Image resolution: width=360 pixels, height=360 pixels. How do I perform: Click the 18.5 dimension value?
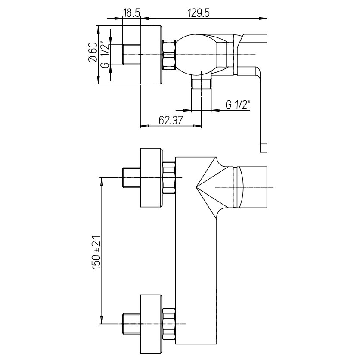(132, 13)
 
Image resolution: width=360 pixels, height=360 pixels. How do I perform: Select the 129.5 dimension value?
(199, 13)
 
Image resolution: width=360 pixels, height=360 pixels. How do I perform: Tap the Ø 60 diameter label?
(93, 53)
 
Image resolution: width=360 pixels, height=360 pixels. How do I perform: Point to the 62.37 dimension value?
(171, 120)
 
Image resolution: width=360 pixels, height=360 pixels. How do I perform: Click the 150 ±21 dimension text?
(96, 252)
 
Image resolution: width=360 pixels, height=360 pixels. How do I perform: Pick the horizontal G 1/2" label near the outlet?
(238, 105)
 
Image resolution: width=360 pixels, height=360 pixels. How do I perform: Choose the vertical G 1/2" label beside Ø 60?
(105, 54)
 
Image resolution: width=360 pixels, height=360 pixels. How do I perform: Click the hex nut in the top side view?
(169, 55)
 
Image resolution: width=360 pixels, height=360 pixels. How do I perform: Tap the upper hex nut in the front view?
(169, 178)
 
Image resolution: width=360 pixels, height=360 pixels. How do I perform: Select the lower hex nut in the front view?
(169, 324)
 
